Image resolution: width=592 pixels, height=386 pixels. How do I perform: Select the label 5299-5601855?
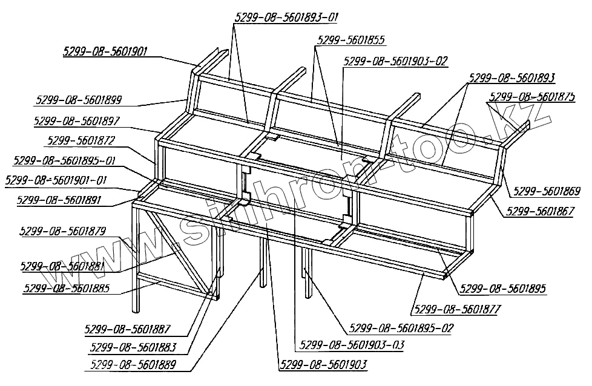[x=351, y=41]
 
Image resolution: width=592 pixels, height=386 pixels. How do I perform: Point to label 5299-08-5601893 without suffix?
[x=511, y=77]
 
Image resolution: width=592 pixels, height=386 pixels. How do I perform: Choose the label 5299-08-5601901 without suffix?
[x=105, y=51]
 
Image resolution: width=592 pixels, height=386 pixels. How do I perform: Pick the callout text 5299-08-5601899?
[x=79, y=100]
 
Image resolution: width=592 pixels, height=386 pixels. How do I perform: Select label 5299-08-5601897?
[x=77, y=121]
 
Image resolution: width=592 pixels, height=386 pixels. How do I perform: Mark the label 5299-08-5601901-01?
[x=55, y=180]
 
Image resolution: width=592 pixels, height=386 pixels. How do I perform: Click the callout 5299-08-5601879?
[x=63, y=231]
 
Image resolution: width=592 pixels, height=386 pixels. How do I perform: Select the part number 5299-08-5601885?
[x=66, y=288]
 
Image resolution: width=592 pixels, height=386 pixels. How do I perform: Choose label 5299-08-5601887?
[x=128, y=330]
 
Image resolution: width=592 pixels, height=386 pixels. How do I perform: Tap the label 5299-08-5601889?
[x=133, y=365]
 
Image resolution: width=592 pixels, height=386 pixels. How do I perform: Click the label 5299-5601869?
[x=547, y=192]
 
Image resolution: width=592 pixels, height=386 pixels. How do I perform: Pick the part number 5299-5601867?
[x=540, y=211]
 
